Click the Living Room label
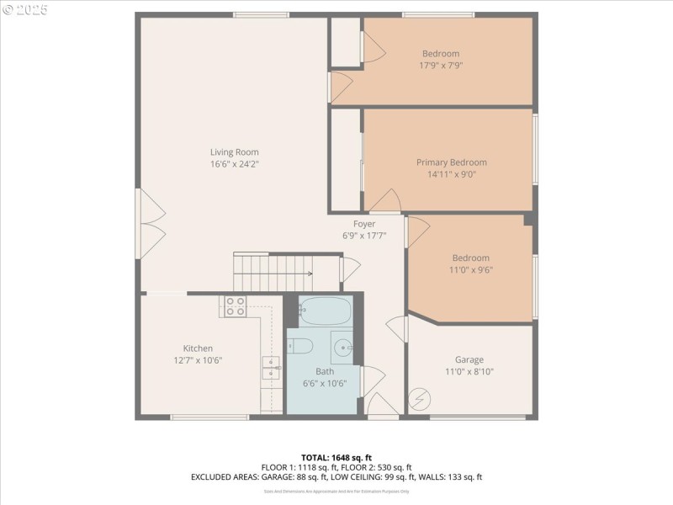(x=234, y=152)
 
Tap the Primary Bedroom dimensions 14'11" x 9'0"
(x=451, y=175)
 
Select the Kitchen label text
(x=198, y=348)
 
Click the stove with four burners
(x=235, y=306)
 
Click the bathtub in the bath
(x=325, y=311)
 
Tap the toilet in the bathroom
(x=300, y=346)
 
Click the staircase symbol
(x=273, y=272)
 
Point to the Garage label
(x=469, y=359)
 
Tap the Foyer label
(x=364, y=224)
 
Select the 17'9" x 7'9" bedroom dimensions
(x=441, y=65)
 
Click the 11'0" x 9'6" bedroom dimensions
(x=470, y=270)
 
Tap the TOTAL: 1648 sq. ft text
(x=336, y=458)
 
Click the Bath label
(x=325, y=371)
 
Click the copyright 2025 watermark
(x=24, y=10)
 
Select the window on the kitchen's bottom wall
(x=209, y=417)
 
